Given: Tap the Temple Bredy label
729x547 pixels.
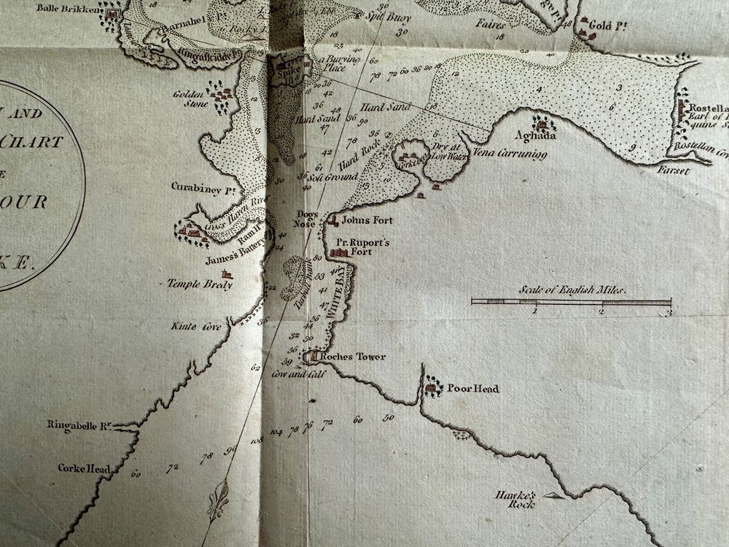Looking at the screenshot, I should [x=200, y=284].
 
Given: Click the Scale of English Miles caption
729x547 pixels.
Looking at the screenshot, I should [x=572, y=290].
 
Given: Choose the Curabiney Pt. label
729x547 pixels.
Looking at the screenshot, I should [x=195, y=187].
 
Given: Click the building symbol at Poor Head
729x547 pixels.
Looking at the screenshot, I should [x=433, y=387].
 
